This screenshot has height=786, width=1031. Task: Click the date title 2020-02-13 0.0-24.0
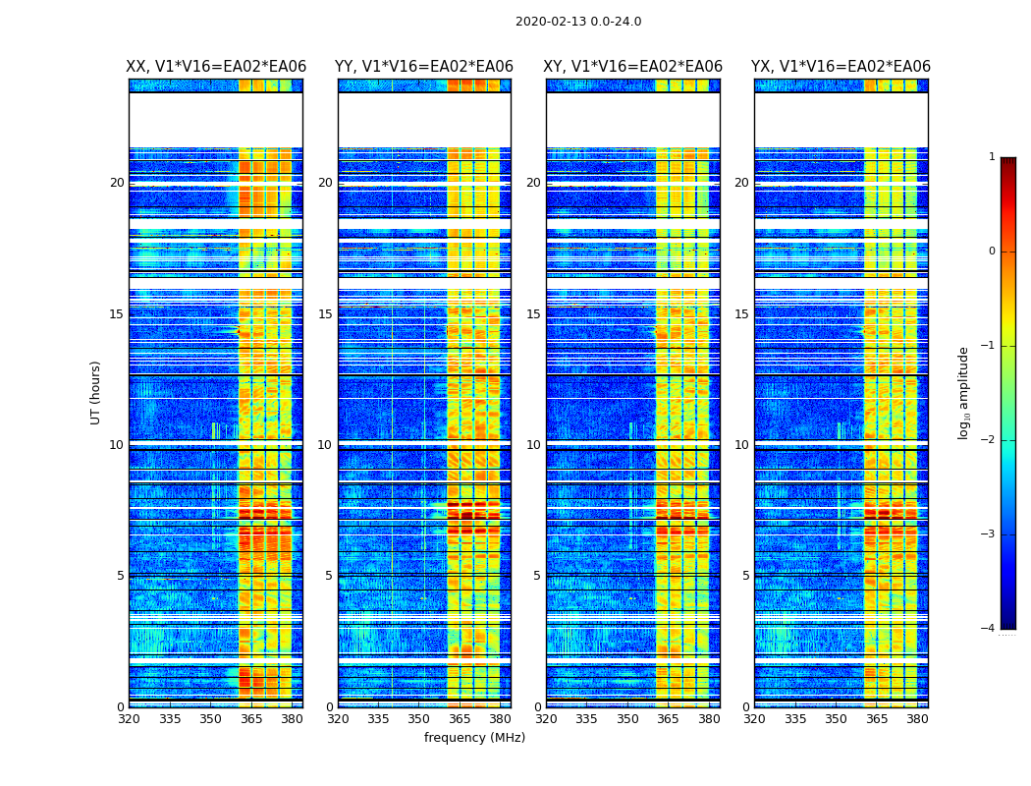click(578, 22)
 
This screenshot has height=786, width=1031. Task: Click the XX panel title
click(216, 67)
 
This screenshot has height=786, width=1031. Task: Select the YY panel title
click(424, 67)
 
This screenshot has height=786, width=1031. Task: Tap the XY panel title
click(633, 67)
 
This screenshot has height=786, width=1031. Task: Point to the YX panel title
click(841, 67)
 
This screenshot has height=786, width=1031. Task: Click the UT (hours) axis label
click(95, 392)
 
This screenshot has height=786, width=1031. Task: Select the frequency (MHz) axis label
click(474, 738)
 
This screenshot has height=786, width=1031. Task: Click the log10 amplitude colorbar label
click(964, 392)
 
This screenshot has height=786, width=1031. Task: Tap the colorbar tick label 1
click(992, 157)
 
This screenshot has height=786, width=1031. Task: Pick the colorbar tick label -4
click(989, 629)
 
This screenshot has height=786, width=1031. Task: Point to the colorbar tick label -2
click(989, 440)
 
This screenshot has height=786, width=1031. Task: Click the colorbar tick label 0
click(992, 252)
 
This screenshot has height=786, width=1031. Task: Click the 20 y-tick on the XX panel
click(117, 183)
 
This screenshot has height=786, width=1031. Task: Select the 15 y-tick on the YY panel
click(325, 314)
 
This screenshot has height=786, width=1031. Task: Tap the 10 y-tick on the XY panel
click(533, 445)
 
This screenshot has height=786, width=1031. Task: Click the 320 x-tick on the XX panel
click(129, 719)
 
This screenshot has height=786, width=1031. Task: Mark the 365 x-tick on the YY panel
click(460, 719)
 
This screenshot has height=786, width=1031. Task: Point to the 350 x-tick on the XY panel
click(627, 719)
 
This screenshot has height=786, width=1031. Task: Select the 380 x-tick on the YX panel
click(917, 719)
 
